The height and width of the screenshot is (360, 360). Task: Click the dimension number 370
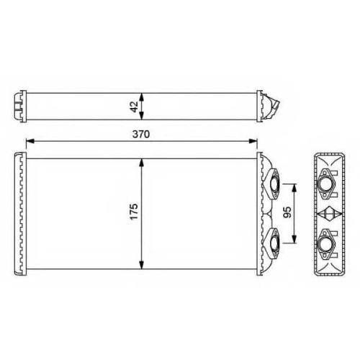(141, 134)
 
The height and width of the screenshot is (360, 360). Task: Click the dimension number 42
(135, 107)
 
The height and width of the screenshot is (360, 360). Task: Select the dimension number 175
(134, 212)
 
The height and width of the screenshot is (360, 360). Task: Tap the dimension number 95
(287, 212)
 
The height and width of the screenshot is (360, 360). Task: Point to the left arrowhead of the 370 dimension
(30, 141)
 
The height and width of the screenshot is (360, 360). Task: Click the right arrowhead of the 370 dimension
(253, 141)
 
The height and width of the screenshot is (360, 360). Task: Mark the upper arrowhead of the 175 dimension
(142, 163)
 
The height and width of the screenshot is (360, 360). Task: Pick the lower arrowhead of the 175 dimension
(142, 265)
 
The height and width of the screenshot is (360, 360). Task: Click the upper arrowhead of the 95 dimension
(294, 188)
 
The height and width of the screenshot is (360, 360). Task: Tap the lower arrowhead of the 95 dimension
(294, 239)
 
